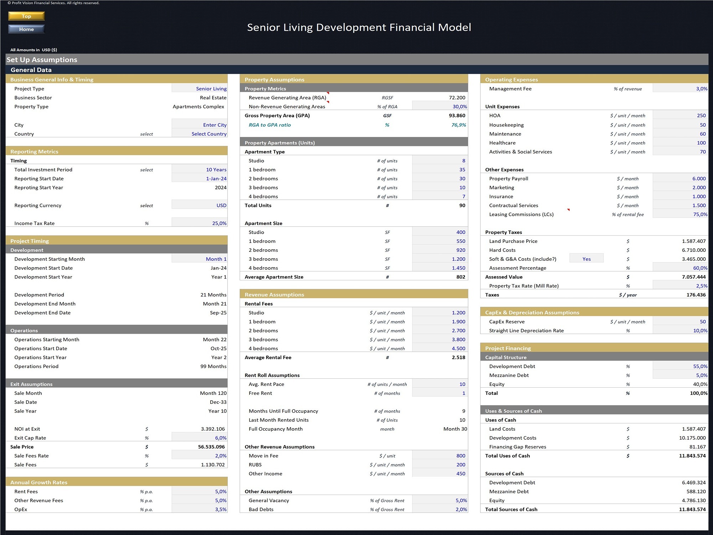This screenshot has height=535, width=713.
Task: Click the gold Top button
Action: [26, 16]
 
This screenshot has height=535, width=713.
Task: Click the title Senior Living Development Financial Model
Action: [359, 27]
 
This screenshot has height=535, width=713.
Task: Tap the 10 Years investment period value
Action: [216, 170]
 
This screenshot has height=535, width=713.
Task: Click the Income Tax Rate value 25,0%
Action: [219, 223]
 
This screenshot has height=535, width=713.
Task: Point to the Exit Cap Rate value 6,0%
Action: [220, 438]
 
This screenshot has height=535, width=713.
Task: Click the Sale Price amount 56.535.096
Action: [211, 447]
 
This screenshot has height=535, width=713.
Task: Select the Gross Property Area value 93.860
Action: [457, 116]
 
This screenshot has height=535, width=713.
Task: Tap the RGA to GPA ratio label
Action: [270, 125]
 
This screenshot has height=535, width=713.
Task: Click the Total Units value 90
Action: [462, 205]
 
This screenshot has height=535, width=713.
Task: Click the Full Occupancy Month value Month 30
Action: [455, 429]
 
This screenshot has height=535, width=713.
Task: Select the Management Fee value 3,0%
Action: [701, 89]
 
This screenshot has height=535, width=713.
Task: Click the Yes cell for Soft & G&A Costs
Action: [586, 259]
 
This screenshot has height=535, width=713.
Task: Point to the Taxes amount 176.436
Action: [696, 295]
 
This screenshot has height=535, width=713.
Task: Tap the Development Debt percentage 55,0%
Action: [700, 366]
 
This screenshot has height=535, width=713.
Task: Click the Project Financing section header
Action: [508, 348]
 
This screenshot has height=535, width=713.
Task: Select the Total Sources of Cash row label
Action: [511, 509]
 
